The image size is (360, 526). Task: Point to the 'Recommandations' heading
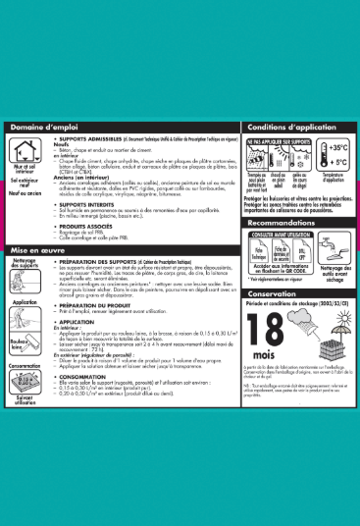[x=286, y=223]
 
